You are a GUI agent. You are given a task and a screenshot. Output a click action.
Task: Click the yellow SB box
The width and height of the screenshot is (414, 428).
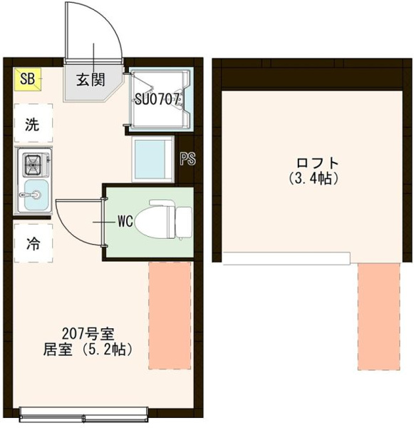[x=28, y=79]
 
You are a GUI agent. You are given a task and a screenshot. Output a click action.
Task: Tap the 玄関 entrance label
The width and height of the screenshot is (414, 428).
[x=90, y=80]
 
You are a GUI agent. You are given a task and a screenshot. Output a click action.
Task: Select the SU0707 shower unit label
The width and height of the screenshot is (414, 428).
[x=157, y=100]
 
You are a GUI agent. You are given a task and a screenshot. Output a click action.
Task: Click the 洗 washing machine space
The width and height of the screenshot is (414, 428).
[x=33, y=123]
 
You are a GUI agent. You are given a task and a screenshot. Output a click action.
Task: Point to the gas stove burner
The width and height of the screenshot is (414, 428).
[x=33, y=165]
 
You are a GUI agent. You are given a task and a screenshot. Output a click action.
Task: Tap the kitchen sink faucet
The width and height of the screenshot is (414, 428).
[x=30, y=195]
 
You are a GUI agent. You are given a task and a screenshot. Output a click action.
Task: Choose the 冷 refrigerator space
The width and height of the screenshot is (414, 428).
[x=33, y=243]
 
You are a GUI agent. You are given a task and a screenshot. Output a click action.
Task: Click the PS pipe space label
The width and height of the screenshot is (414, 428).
[x=187, y=158]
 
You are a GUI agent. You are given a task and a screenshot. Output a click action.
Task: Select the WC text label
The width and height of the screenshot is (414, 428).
[x=125, y=221]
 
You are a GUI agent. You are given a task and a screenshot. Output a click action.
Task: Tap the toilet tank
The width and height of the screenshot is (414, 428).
[x=185, y=222]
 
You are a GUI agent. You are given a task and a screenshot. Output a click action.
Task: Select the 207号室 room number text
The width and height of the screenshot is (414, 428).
[x=88, y=333]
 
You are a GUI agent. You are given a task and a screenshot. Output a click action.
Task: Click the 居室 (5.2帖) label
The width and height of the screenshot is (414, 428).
[x=88, y=350]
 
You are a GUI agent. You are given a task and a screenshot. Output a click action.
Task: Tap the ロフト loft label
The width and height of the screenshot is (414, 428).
[x=318, y=163]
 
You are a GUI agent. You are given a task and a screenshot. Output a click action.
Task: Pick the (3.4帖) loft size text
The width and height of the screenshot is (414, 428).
[x=314, y=178]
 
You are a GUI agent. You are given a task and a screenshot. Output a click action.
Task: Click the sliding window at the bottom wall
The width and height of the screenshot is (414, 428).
[x=84, y=415]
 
